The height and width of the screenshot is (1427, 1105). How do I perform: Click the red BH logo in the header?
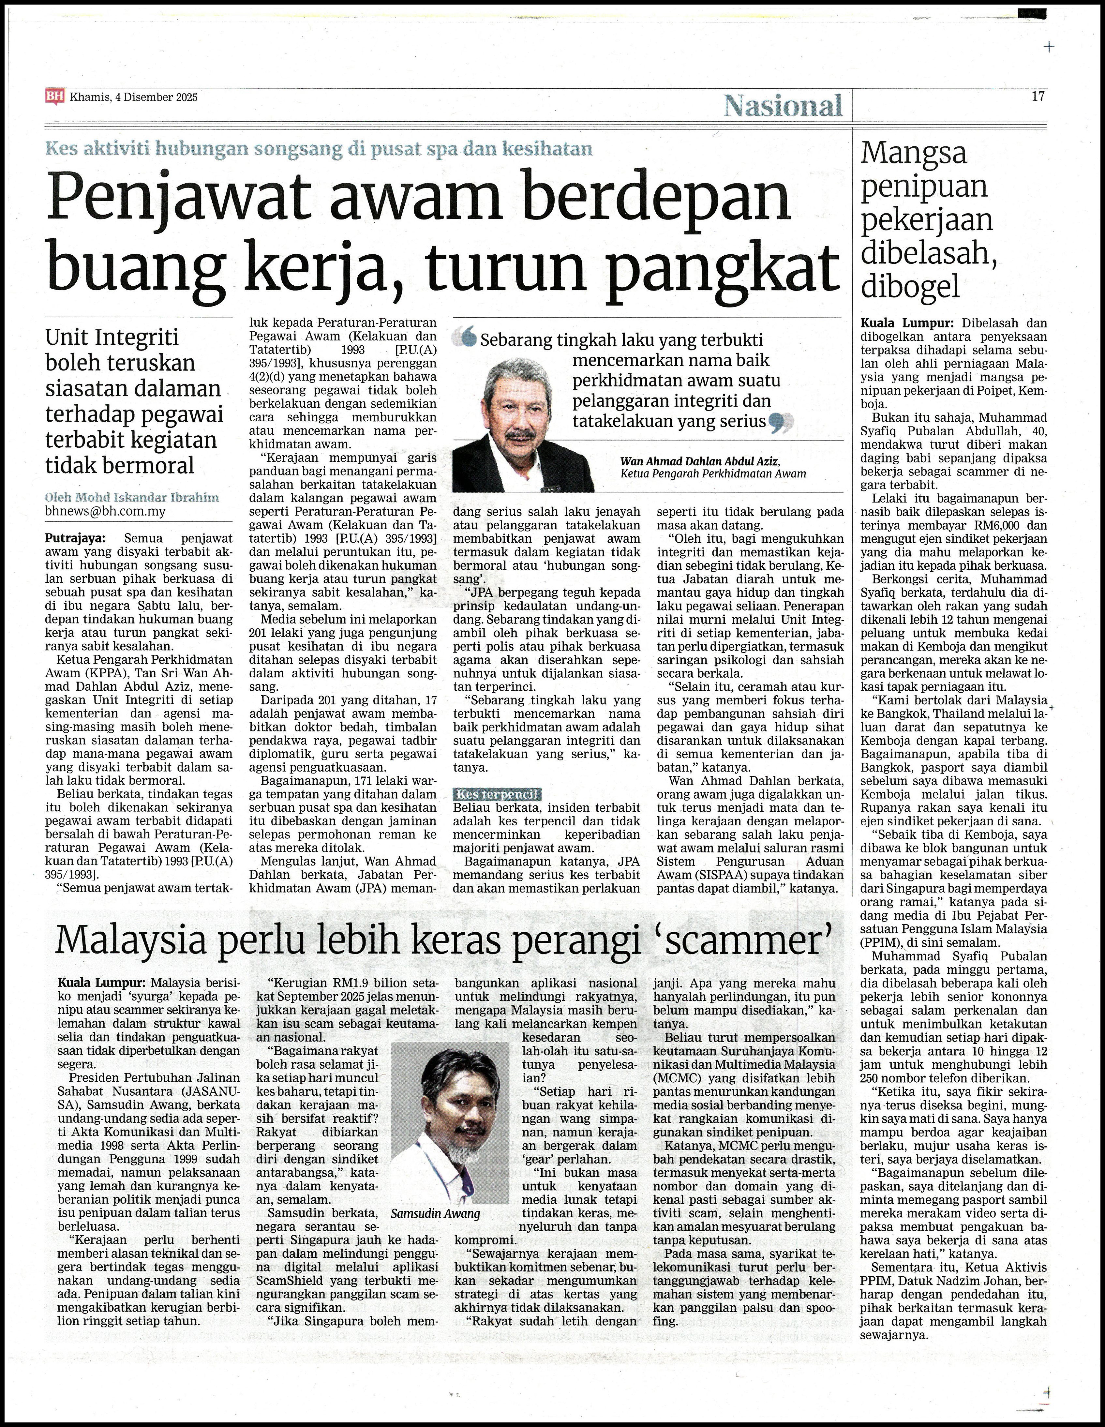pyautogui.click(x=55, y=97)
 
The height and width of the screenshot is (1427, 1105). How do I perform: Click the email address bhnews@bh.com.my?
pyautogui.click(x=105, y=511)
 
